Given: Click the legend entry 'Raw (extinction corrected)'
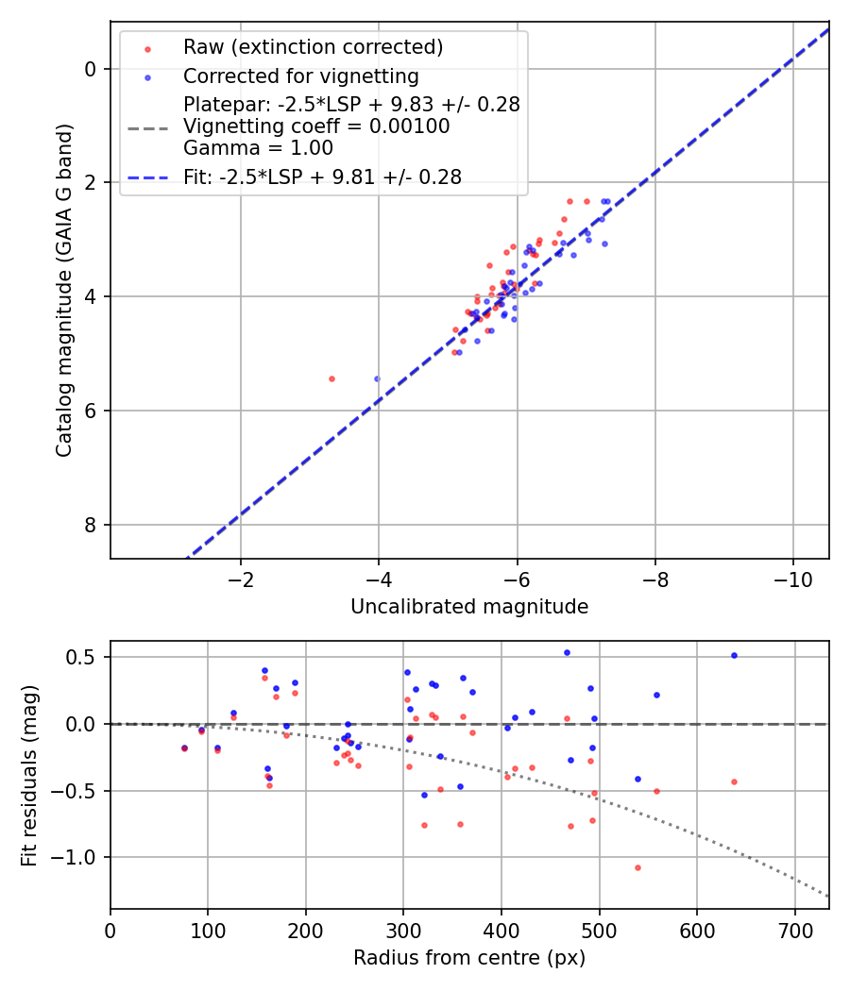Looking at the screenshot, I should tap(313, 47).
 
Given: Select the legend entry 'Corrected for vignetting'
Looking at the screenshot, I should tap(300, 76).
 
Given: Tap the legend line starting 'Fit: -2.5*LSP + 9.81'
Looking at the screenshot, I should tap(322, 176).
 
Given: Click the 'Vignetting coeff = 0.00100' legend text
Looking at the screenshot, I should tap(316, 126).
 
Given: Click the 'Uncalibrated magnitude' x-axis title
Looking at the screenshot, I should tap(469, 607).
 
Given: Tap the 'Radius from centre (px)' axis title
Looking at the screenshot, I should tap(469, 958).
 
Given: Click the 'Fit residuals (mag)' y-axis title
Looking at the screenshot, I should tap(29, 775).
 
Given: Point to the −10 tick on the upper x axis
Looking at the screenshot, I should tap(792, 579).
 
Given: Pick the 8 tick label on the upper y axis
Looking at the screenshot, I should tap(91, 525).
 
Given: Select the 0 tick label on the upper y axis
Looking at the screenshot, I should tap(91, 69).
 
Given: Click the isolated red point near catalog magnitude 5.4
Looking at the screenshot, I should tap(331, 378).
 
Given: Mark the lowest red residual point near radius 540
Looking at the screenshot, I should tap(637, 867).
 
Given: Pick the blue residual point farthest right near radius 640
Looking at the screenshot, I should tap(734, 655).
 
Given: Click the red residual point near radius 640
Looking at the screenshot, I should tap(734, 781).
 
